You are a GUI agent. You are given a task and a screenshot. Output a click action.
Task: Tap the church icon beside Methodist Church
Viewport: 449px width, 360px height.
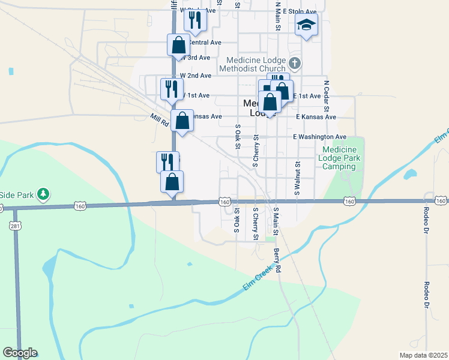tap(294, 63)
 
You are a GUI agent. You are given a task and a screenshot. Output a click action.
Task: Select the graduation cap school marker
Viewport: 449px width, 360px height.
tap(306, 26)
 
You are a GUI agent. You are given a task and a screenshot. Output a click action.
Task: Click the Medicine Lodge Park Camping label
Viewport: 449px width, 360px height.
tap(339, 158)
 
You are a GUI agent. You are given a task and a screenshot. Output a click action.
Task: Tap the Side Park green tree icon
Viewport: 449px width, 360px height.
tap(43, 194)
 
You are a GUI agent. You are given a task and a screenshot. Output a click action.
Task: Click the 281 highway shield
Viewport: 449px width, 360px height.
tap(14, 225)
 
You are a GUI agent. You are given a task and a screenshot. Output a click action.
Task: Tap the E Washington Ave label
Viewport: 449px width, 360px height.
tap(320, 137)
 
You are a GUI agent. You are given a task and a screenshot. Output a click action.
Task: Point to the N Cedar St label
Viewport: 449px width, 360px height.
tap(327, 97)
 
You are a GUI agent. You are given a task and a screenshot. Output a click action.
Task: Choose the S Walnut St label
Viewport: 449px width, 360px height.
tap(297, 178)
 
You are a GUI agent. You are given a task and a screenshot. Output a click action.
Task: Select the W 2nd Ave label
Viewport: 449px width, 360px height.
tap(196, 76)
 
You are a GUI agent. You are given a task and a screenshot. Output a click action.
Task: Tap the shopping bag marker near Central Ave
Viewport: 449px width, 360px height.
tap(178, 44)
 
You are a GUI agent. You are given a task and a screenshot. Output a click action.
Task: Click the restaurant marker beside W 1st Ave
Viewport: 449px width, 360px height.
tap(172, 89)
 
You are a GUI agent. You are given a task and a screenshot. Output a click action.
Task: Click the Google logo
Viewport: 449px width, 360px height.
tap(20, 353)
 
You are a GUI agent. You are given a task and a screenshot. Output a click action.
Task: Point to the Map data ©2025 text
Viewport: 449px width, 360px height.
tap(423, 355)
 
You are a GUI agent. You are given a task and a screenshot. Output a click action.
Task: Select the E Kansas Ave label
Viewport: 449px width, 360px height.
tap(316, 116)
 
